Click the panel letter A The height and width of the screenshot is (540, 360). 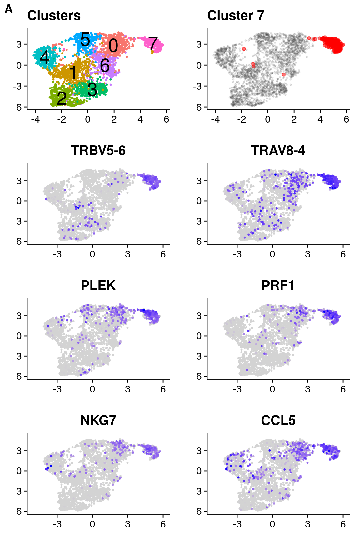click(9, 9)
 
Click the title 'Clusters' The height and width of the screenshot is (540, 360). click(54, 16)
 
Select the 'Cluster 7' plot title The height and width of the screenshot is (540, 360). click(236, 16)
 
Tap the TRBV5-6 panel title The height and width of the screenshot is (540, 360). click(98, 151)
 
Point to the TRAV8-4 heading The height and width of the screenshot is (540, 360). click(278, 151)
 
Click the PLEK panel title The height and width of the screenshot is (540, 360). click(98, 286)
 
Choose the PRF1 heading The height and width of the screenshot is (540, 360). click(278, 286)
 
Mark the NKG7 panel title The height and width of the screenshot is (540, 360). click(98, 421)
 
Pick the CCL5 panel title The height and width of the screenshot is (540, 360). click(278, 421)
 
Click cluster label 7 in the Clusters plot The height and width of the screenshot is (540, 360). click(153, 43)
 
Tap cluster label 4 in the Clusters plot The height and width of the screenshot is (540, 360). click(45, 57)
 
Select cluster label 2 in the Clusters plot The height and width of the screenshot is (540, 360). click(62, 98)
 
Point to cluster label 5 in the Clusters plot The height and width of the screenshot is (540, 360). click(85, 40)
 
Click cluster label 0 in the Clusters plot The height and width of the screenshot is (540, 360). click(113, 46)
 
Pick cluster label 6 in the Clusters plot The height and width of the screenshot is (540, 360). click(105, 65)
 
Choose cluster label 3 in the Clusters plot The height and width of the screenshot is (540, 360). click(92, 90)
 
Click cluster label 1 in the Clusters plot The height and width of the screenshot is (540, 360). click(73, 72)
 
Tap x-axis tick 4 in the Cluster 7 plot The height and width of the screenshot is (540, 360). click(320, 119)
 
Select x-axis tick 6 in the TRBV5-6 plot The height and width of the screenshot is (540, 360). click(163, 254)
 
